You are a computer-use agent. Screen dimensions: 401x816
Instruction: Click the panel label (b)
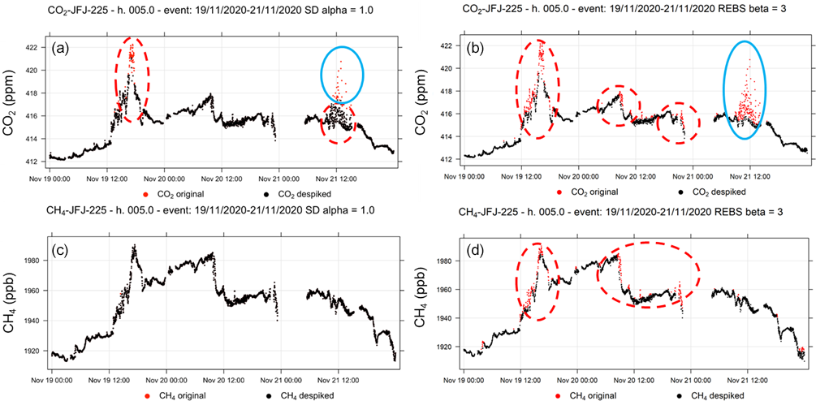[x=473, y=48]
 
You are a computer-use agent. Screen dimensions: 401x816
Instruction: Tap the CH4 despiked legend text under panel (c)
[x=305, y=395]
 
